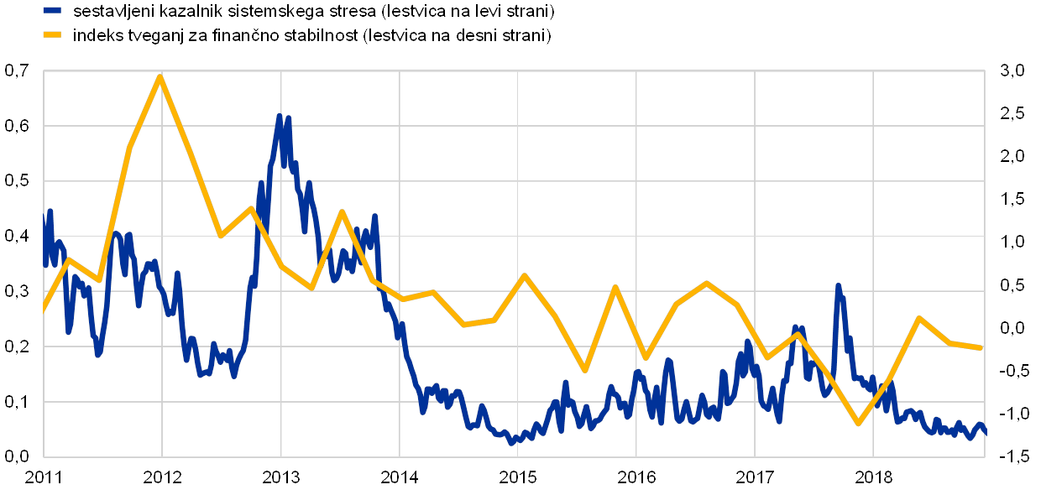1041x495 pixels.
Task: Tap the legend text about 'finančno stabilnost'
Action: click(311, 35)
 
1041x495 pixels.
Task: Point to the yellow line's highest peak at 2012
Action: click(160, 76)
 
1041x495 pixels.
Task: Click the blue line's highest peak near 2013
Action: click(280, 116)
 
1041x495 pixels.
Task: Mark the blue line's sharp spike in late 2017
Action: click(838, 287)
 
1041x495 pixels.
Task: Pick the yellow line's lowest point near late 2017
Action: click(858, 423)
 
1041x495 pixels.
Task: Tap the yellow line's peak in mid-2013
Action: click(342, 211)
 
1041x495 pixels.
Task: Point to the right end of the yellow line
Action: click(981, 347)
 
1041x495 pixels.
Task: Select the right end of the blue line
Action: click(984, 431)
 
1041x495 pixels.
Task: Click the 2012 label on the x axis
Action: click(161, 477)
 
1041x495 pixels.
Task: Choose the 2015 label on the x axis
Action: click(517, 477)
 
